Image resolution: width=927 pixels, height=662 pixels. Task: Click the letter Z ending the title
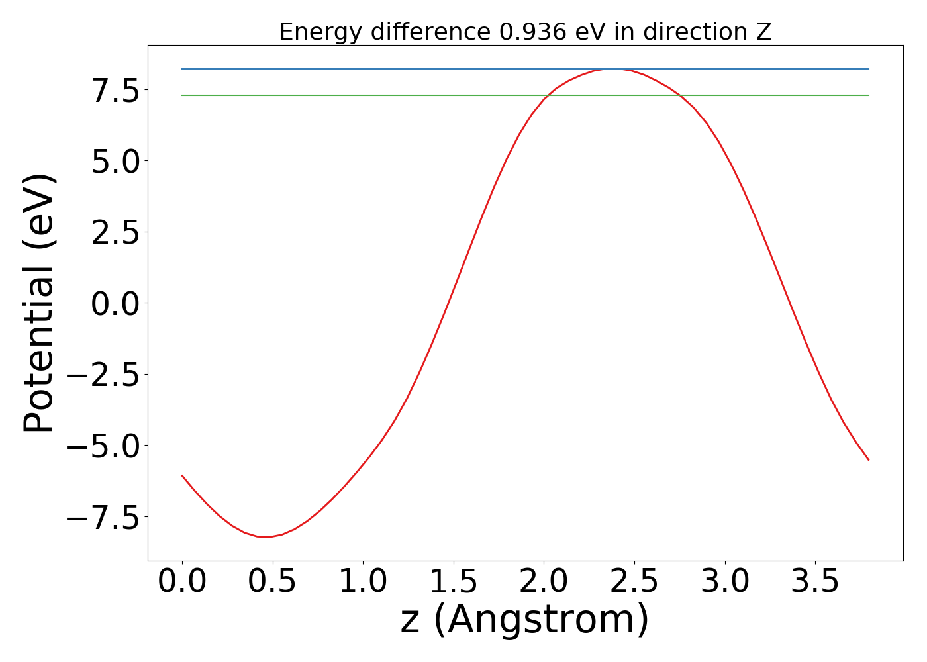[764, 32]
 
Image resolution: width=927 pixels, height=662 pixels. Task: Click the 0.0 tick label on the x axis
[182, 582]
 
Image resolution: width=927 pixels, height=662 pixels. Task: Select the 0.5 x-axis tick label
[273, 582]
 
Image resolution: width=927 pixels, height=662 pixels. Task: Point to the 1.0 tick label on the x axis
[363, 582]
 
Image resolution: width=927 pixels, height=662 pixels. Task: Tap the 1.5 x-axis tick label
[454, 582]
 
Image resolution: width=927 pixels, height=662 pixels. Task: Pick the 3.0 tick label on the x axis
[725, 582]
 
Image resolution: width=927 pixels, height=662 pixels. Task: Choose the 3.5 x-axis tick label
[815, 582]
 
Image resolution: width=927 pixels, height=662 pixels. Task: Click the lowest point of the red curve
[268, 537]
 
